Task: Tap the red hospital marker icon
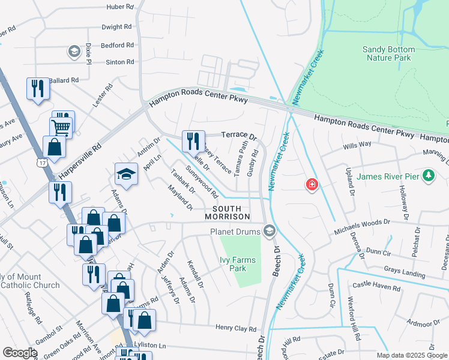(x=312, y=184)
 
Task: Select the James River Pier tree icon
(x=428, y=176)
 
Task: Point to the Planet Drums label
(x=236, y=231)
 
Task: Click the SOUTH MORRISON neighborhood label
(x=227, y=212)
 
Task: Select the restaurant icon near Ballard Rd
(x=37, y=89)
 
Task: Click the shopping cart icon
(x=61, y=126)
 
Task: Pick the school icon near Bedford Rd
(x=74, y=52)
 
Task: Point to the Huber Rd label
(x=119, y=7)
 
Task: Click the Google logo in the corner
(x=20, y=353)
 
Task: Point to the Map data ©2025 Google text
(x=411, y=355)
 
